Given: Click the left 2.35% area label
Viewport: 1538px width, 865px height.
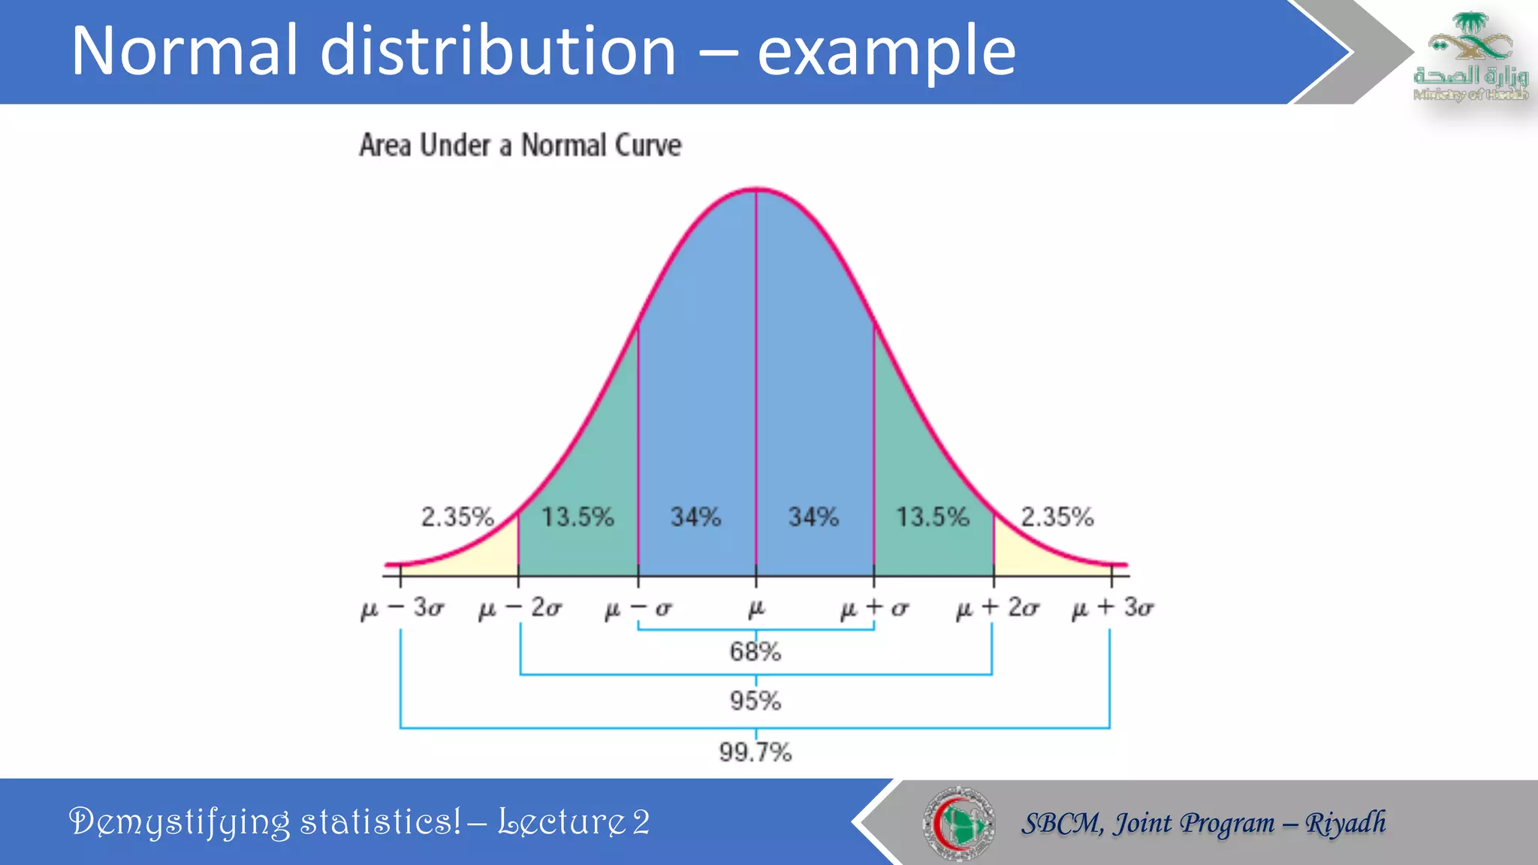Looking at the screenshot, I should pos(457,517).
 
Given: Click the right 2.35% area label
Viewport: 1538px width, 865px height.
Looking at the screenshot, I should pos(1057,517).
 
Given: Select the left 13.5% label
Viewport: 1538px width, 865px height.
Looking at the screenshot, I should pos(578,517).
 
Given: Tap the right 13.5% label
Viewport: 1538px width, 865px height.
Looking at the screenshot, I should pos(933,517).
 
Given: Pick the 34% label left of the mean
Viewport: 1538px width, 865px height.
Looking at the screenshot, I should pos(695,517).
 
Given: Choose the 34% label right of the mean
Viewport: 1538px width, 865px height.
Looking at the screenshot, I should pos(813,517).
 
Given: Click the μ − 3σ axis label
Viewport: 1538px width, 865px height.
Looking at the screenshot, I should pos(402,607).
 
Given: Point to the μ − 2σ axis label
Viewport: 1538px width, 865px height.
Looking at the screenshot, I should pos(520,607).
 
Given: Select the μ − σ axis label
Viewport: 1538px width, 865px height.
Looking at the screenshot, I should pos(638,608).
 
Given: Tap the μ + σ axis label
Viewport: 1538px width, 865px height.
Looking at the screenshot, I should pos(874,608).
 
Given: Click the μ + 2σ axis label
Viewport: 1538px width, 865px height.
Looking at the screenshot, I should pos(997,607).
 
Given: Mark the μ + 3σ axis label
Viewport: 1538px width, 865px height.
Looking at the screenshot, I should pos(1112,607).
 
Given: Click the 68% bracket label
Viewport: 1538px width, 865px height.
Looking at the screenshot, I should pos(755,652).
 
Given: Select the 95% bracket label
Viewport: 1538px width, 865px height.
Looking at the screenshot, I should pos(755,701).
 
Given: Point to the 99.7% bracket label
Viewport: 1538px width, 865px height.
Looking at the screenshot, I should pos(755,752).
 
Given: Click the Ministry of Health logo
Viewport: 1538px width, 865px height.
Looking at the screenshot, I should pos(1470,56).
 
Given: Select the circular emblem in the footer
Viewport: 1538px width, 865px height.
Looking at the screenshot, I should pos(958,823).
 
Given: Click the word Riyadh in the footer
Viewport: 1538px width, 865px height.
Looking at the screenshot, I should pos(1345,823).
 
